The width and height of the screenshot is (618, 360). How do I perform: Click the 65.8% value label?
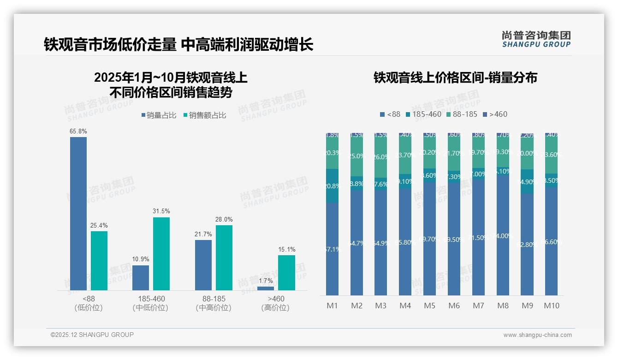(x=78, y=132)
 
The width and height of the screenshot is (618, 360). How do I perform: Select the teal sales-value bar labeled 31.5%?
(x=161, y=253)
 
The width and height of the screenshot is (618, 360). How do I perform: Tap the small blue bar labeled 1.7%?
(x=266, y=288)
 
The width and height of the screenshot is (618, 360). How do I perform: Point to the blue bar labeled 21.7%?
(x=203, y=265)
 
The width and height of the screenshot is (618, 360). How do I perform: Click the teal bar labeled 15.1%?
(x=286, y=272)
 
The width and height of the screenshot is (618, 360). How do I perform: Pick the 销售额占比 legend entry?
(x=205, y=115)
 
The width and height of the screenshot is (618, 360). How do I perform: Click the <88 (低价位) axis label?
(x=88, y=303)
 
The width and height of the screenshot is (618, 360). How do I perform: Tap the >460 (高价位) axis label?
(x=275, y=303)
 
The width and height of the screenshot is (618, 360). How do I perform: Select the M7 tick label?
(x=478, y=306)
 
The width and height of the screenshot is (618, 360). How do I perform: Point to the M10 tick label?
(x=552, y=306)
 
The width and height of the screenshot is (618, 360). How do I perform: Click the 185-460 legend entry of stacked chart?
(x=423, y=114)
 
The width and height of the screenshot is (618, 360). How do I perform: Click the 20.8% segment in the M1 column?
(x=332, y=186)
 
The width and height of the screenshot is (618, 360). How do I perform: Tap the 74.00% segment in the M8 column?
(x=503, y=235)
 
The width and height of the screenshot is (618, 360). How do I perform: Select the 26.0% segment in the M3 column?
(x=381, y=157)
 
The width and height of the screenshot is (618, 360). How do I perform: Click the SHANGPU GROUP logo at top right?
(x=536, y=39)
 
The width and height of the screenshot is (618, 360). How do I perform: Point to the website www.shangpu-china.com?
(x=537, y=335)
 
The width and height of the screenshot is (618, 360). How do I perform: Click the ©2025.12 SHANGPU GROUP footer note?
(x=92, y=335)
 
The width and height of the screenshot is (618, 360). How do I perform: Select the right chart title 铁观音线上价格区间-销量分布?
(x=455, y=78)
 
